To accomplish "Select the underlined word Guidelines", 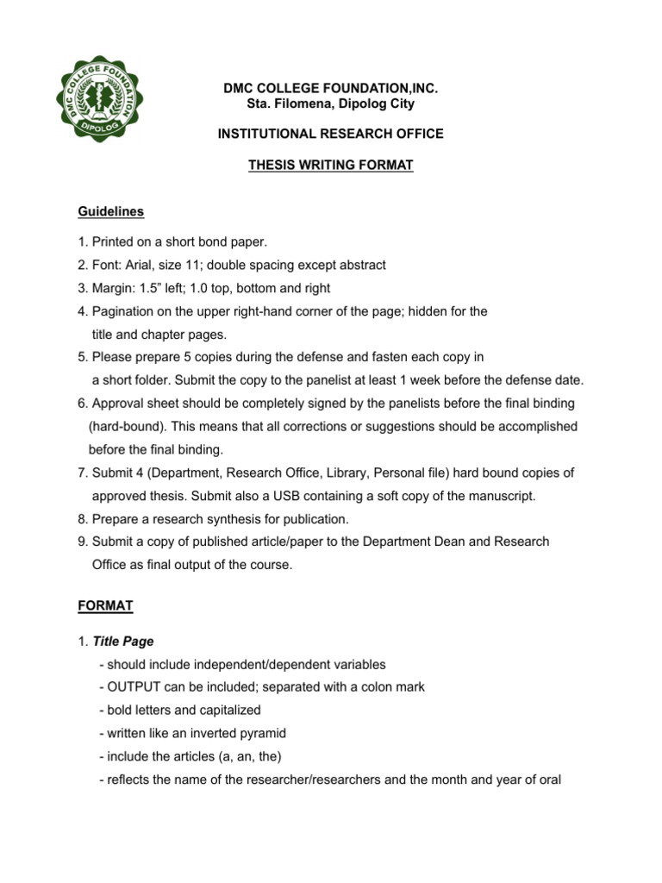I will (111, 211).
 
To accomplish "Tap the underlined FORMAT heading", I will (105, 606).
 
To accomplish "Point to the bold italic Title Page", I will (122, 642).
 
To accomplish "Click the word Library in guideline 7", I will (381, 473).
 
